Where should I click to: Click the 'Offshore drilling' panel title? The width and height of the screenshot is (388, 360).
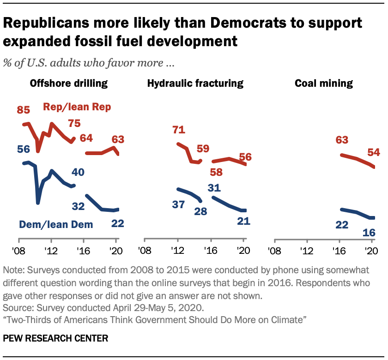point(69,84)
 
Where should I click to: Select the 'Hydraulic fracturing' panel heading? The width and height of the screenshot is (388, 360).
point(195,84)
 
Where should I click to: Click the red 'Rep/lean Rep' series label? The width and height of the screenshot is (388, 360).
point(77,107)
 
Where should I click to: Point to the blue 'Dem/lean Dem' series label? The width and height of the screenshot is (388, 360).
point(56,225)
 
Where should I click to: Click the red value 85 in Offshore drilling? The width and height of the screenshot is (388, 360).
point(24,110)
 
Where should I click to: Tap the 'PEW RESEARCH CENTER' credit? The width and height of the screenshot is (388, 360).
point(55,338)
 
